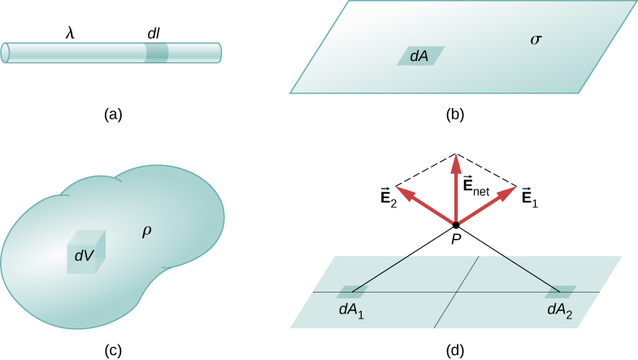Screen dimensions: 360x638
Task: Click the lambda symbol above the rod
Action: pos(71,33)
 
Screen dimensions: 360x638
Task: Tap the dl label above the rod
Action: pos(153,33)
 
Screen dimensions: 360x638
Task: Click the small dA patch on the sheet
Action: pos(420,55)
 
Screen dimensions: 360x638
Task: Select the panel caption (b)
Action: pos(455,115)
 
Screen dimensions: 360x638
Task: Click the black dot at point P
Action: pos(456,225)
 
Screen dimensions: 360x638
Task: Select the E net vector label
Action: pos(480,188)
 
